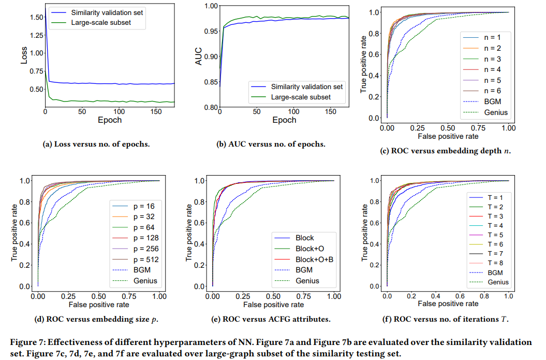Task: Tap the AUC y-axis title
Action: pyautogui.click(x=198, y=56)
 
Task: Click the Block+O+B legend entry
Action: pyautogui.click(x=315, y=259)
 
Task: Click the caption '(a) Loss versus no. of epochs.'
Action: pyautogui.click(x=96, y=144)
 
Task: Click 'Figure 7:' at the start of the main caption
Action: pyautogui.click(x=27, y=342)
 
